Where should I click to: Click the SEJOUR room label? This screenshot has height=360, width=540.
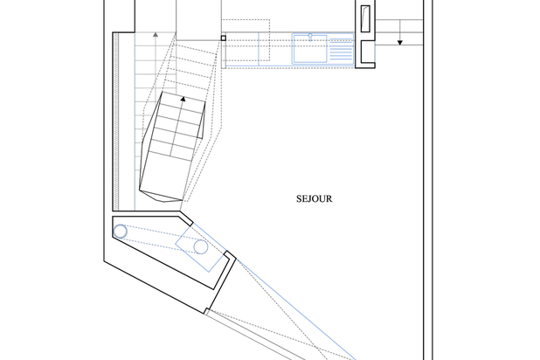[314, 198]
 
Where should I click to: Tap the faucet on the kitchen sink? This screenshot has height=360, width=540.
[310, 37]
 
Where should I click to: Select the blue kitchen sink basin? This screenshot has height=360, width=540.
[309, 49]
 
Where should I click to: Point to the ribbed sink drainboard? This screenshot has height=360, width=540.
[341, 49]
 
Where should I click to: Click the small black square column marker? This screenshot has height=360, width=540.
[223, 38]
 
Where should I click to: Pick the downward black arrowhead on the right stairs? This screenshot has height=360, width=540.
[400, 43]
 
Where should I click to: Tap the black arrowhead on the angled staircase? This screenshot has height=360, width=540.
[183, 100]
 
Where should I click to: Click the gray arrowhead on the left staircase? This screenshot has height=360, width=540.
[156, 34]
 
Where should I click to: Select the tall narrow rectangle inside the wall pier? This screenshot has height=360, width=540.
[365, 18]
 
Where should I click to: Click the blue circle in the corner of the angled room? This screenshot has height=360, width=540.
[121, 232]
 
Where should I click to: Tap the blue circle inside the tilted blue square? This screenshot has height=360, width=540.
[201, 247]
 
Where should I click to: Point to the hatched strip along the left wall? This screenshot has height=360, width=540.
[116, 121]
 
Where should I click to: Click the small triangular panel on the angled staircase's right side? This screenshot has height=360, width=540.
[202, 121]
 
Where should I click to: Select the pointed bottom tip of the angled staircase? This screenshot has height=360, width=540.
[164, 201]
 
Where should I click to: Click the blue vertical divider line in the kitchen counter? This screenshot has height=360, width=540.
[259, 49]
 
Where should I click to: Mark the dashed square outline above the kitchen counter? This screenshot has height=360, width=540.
[246, 40]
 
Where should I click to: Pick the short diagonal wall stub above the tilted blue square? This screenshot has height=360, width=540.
[186, 218]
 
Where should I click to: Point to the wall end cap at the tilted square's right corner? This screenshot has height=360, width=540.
[230, 255]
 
